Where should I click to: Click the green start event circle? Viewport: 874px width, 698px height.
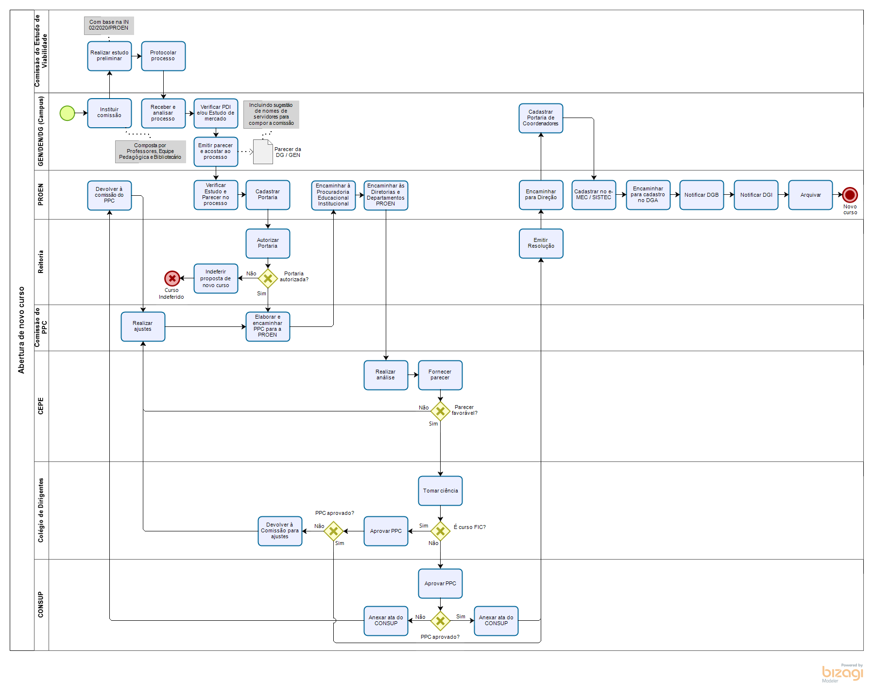click(67, 113)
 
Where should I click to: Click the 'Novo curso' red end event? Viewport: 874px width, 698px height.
click(850, 195)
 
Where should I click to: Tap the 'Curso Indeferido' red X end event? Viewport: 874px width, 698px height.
click(172, 278)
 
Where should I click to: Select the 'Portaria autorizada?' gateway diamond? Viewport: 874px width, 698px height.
click(268, 278)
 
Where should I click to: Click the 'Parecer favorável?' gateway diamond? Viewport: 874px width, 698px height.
click(440, 411)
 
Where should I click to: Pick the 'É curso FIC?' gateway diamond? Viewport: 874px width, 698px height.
click(440, 531)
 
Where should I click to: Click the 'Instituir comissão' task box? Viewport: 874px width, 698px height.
click(109, 113)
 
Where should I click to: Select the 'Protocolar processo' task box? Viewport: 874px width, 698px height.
click(163, 56)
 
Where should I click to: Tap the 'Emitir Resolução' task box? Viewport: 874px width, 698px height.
click(541, 243)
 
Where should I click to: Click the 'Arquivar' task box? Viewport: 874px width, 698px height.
click(810, 195)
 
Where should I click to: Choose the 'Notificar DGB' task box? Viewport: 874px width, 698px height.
click(702, 195)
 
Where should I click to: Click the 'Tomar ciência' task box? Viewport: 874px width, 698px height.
click(440, 491)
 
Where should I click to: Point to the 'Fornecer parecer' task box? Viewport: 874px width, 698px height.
click(440, 375)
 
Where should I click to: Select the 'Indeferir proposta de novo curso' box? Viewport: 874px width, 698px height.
click(216, 278)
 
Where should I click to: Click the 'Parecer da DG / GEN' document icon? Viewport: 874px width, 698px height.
click(263, 152)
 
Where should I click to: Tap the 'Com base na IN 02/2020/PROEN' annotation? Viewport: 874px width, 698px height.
click(109, 25)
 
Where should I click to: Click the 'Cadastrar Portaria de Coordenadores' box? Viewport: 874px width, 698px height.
click(541, 118)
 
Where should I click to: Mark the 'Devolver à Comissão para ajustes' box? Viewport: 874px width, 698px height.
click(280, 531)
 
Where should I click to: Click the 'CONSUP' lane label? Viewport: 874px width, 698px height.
click(41, 605)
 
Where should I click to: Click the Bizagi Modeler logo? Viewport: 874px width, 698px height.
click(842, 673)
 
